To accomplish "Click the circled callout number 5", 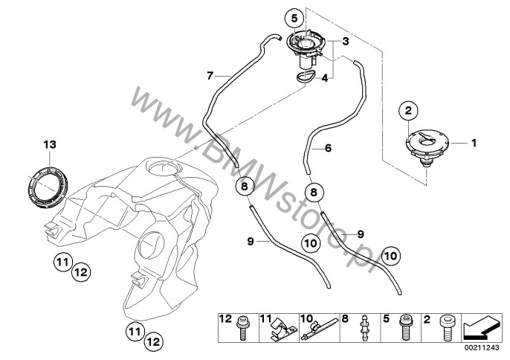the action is pos(294,19).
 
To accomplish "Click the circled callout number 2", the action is pos(408,111).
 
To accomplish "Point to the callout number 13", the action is pos(50,144).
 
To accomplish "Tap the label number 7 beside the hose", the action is pos(210,76).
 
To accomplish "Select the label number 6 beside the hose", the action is pos(328,148).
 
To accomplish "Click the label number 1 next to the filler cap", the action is pos(474,143).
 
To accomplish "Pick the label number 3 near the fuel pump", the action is pos(346,42).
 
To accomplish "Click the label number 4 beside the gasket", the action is pos(324,78).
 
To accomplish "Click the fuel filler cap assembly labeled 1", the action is pos(427,147).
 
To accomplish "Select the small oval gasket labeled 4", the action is pos(306,77).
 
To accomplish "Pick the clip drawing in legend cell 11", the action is pos(280,329).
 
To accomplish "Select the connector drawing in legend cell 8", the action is pos(365,327).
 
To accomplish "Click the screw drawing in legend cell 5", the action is pos(405,327).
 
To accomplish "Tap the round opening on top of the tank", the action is pos(164,167).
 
